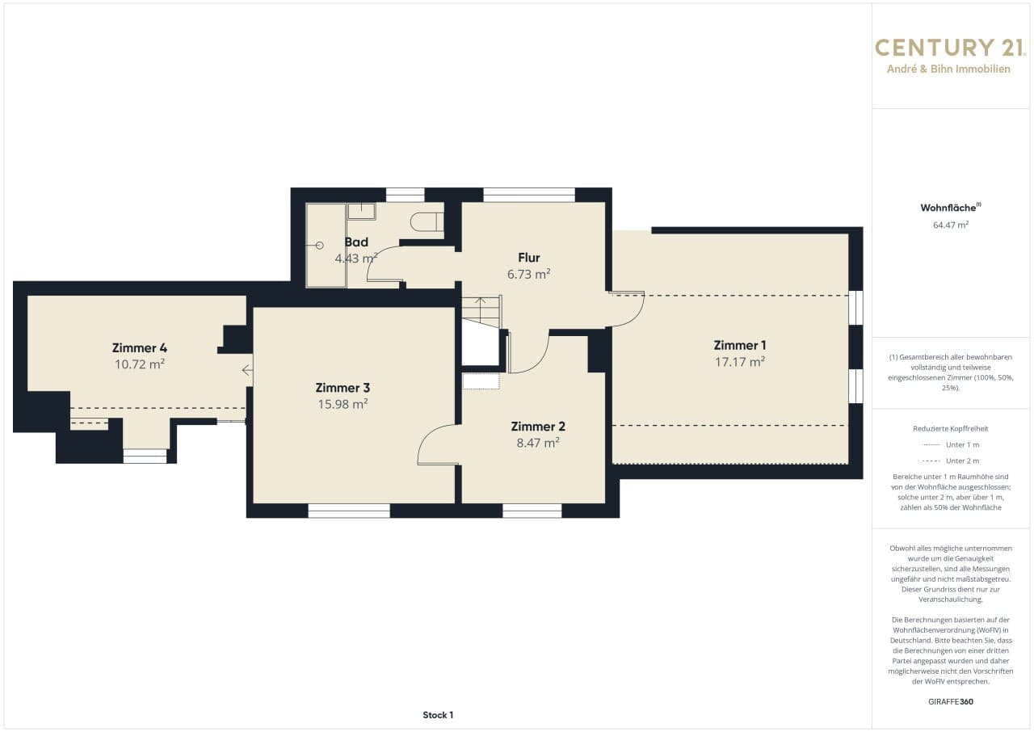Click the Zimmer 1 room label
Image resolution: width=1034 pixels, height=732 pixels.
click(739, 345)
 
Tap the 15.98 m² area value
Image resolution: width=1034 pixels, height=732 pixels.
click(343, 404)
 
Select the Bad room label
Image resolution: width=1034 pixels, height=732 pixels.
click(356, 242)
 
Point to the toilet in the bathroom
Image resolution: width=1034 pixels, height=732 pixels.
click(427, 221)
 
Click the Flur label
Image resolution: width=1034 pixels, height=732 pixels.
click(528, 258)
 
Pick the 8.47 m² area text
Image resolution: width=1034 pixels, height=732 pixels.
click(538, 443)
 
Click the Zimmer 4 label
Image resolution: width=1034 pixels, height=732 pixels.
click(140, 348)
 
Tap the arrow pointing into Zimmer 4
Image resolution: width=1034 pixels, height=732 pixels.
click(247, 370)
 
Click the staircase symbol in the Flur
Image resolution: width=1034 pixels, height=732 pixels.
click(481, 312)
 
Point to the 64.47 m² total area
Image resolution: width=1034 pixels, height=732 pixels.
click(951, 225)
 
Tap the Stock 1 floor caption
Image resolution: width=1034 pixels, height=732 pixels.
click(438, 715)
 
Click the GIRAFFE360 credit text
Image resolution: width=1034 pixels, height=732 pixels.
click(951, 701)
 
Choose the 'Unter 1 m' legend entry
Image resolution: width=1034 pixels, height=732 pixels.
click(951, 445)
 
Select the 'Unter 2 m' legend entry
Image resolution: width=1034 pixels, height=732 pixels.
click(951, 461)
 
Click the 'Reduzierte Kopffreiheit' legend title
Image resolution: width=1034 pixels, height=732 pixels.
click(951, 429)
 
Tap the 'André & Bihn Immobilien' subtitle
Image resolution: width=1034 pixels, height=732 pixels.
click(948, 69)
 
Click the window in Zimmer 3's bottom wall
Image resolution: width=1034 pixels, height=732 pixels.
click(349, 511)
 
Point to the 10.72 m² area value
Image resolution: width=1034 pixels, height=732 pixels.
click(140, 364)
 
